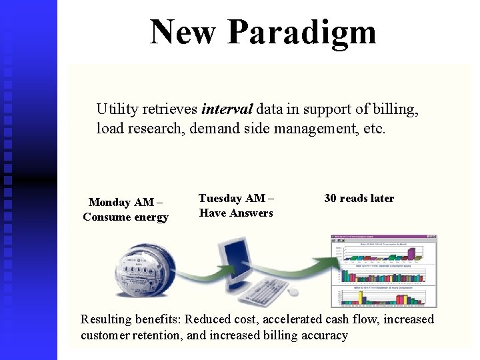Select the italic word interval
coord(227,109)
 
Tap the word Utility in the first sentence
coord(117,109)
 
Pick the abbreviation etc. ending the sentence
coord(373,128)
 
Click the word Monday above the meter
coord(109,203)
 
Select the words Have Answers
coord(236,213)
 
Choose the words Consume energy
coord(125,217)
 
